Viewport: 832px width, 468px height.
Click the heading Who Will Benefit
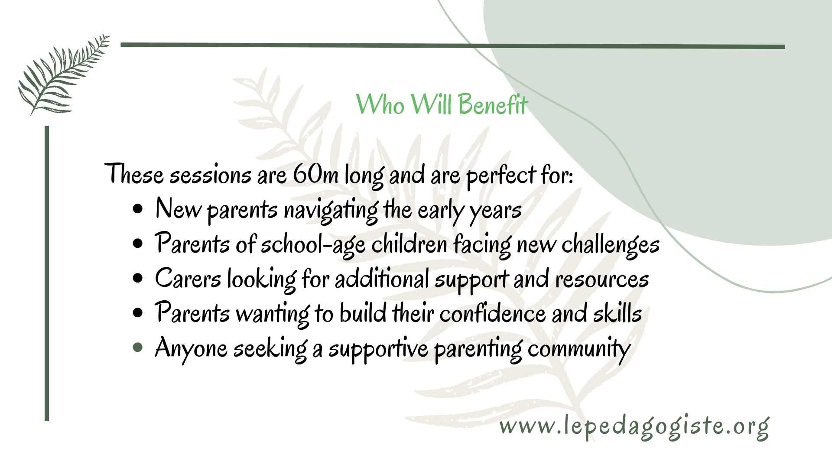pyautogui.click(x=442, y=104)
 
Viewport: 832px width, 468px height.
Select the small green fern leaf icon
pyautogui.click(x=63, y=75)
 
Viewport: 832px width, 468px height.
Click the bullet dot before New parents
pyautogui.click(x=138, y=209)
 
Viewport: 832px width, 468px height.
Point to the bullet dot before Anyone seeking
pyautogui.click(x=138, y=348)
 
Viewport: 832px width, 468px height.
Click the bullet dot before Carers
pyautogui.click(x=138, y=279)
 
